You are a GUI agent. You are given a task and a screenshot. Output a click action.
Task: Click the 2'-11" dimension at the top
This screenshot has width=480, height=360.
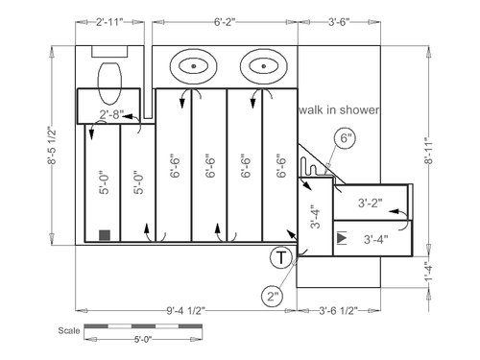click(109, 22)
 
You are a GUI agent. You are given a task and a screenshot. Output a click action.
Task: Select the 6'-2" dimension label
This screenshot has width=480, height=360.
click(225, 22)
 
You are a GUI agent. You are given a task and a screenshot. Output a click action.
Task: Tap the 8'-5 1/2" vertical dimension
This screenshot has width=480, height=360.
click(52, 146)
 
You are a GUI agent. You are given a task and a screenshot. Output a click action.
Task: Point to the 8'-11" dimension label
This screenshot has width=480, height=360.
click(429, 151)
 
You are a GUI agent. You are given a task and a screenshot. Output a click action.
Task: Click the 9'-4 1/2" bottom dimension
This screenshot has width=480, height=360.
click(185, 310)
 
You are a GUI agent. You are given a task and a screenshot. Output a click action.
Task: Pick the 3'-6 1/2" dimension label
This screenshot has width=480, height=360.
click(338, 310)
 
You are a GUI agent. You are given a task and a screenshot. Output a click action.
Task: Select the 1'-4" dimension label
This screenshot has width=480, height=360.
click(429, 272)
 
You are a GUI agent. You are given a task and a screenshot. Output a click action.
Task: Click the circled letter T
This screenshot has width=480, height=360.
click(280, 257)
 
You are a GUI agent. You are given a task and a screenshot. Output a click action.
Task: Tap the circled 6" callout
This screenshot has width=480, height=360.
click(345, 138)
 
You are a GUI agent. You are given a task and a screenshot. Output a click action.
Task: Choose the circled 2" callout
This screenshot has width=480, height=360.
click(273, 297)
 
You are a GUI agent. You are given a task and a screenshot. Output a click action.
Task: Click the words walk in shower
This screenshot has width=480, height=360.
click(339, 109)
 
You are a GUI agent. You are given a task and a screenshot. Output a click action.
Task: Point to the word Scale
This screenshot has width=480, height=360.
click(69, 330)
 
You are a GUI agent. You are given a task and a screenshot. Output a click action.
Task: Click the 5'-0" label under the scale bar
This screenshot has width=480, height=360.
click(143, 339)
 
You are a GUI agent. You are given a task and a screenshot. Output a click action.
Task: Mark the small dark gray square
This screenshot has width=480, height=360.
click(105, 235)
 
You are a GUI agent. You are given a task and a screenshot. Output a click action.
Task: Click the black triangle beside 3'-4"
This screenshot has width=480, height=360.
click(342, 238)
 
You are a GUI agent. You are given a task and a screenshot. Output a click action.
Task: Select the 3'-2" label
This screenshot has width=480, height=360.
click(370, 203)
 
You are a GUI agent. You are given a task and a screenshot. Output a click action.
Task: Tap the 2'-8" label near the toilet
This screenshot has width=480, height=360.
click(109, 114)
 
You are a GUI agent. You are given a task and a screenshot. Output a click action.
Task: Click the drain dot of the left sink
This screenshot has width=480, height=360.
click(193, 66)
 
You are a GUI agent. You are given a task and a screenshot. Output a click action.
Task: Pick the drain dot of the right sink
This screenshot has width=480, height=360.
click(264, 66)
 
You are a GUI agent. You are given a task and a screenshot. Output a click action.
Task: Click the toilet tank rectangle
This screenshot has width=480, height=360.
click(109, 52)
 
